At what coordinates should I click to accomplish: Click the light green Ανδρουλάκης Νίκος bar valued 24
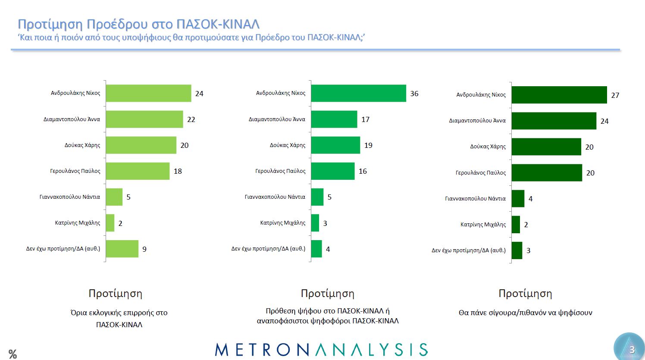148,93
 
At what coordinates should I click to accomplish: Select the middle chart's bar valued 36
358,93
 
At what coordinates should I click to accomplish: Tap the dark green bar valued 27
559,95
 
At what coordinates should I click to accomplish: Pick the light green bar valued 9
122,249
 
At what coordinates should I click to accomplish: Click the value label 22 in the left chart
191,119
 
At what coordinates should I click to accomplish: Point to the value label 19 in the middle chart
368,145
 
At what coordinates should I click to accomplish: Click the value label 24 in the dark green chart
604,121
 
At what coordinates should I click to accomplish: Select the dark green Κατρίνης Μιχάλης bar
516,225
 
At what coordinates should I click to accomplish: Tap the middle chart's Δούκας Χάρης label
288,145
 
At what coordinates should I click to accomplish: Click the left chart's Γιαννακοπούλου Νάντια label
70,197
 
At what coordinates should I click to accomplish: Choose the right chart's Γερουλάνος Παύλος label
481,173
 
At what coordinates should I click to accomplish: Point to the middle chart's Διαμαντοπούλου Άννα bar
334,119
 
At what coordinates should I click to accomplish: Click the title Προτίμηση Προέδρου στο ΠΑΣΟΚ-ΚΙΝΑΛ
138,24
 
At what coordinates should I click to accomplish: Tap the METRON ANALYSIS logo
321,350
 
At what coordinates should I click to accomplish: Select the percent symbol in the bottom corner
13,354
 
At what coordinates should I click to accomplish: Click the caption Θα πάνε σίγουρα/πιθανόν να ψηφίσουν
525,313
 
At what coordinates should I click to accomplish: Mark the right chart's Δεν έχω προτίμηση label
469,250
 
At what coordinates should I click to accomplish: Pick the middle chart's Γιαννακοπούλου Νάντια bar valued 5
317,197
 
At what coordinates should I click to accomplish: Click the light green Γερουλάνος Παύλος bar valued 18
138,171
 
